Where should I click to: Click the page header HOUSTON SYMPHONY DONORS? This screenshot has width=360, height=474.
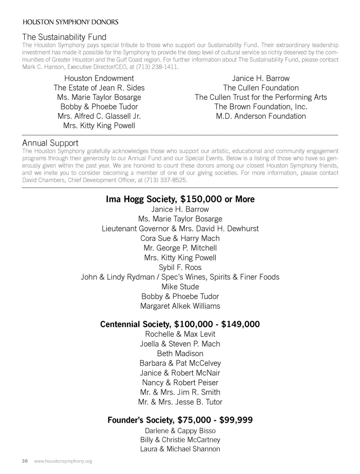coord(70,22)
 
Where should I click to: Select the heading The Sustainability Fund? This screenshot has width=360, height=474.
coord(64,37)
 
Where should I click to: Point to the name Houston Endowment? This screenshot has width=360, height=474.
coord(99,78)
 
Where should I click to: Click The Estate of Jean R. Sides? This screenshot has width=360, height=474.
coord(99,88)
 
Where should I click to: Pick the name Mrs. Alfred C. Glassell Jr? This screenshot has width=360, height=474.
coord(99,116)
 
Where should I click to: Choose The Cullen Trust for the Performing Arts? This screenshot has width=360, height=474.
coord(261,97)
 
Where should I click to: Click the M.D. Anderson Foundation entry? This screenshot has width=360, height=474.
coord(261,116)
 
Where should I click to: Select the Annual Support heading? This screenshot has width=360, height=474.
coord(50,143)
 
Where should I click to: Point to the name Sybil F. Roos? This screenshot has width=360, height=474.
coord(180,267)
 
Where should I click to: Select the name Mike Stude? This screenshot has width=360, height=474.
coord(180,287)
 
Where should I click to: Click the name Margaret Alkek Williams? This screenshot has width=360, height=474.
coord(180,306)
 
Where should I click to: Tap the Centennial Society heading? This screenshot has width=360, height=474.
coord(135,324)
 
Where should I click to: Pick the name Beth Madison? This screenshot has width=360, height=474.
coord(180,353)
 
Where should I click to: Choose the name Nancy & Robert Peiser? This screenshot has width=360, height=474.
coord(180,383)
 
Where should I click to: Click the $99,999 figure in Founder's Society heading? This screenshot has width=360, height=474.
coord(236,420)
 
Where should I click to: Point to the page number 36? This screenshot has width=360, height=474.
coord(25,461)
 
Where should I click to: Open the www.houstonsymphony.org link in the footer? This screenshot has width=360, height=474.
coord(63,461)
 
